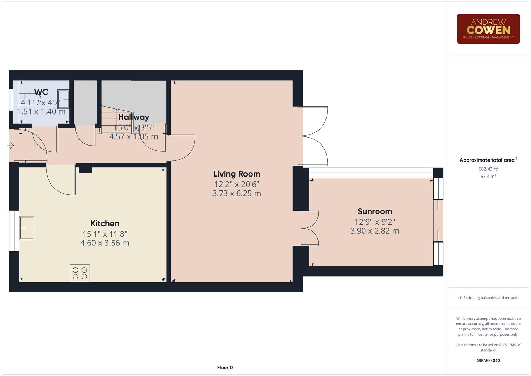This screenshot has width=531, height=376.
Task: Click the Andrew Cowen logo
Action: (488, 29)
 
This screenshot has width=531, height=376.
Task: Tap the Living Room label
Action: (236, 174)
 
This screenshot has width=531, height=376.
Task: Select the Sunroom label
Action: (375, 211)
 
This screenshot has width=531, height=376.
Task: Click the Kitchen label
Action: (105, 224)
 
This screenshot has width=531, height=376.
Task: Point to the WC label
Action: (41, 92)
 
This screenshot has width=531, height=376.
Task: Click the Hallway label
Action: (134, 117)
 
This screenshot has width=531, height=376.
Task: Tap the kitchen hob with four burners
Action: (80, 273)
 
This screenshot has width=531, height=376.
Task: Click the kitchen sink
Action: (26, 228)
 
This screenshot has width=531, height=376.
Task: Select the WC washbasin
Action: (63, 99)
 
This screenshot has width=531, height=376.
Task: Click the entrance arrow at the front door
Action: (10, 146)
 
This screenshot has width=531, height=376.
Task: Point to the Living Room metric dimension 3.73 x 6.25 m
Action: (236, 194)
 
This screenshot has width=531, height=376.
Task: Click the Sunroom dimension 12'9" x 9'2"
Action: (375, 222)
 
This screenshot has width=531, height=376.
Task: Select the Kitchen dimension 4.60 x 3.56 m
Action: (105, 243)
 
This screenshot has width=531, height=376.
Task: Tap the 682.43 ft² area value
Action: (488, 169)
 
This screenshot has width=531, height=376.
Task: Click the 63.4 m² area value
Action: (488, 177)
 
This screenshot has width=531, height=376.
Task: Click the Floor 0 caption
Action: (225, 367)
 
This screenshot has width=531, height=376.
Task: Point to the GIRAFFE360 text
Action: (488, 360)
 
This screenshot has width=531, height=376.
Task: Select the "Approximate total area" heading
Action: (487, 160)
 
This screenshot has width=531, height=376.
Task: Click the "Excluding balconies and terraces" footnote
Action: (488, 298)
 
